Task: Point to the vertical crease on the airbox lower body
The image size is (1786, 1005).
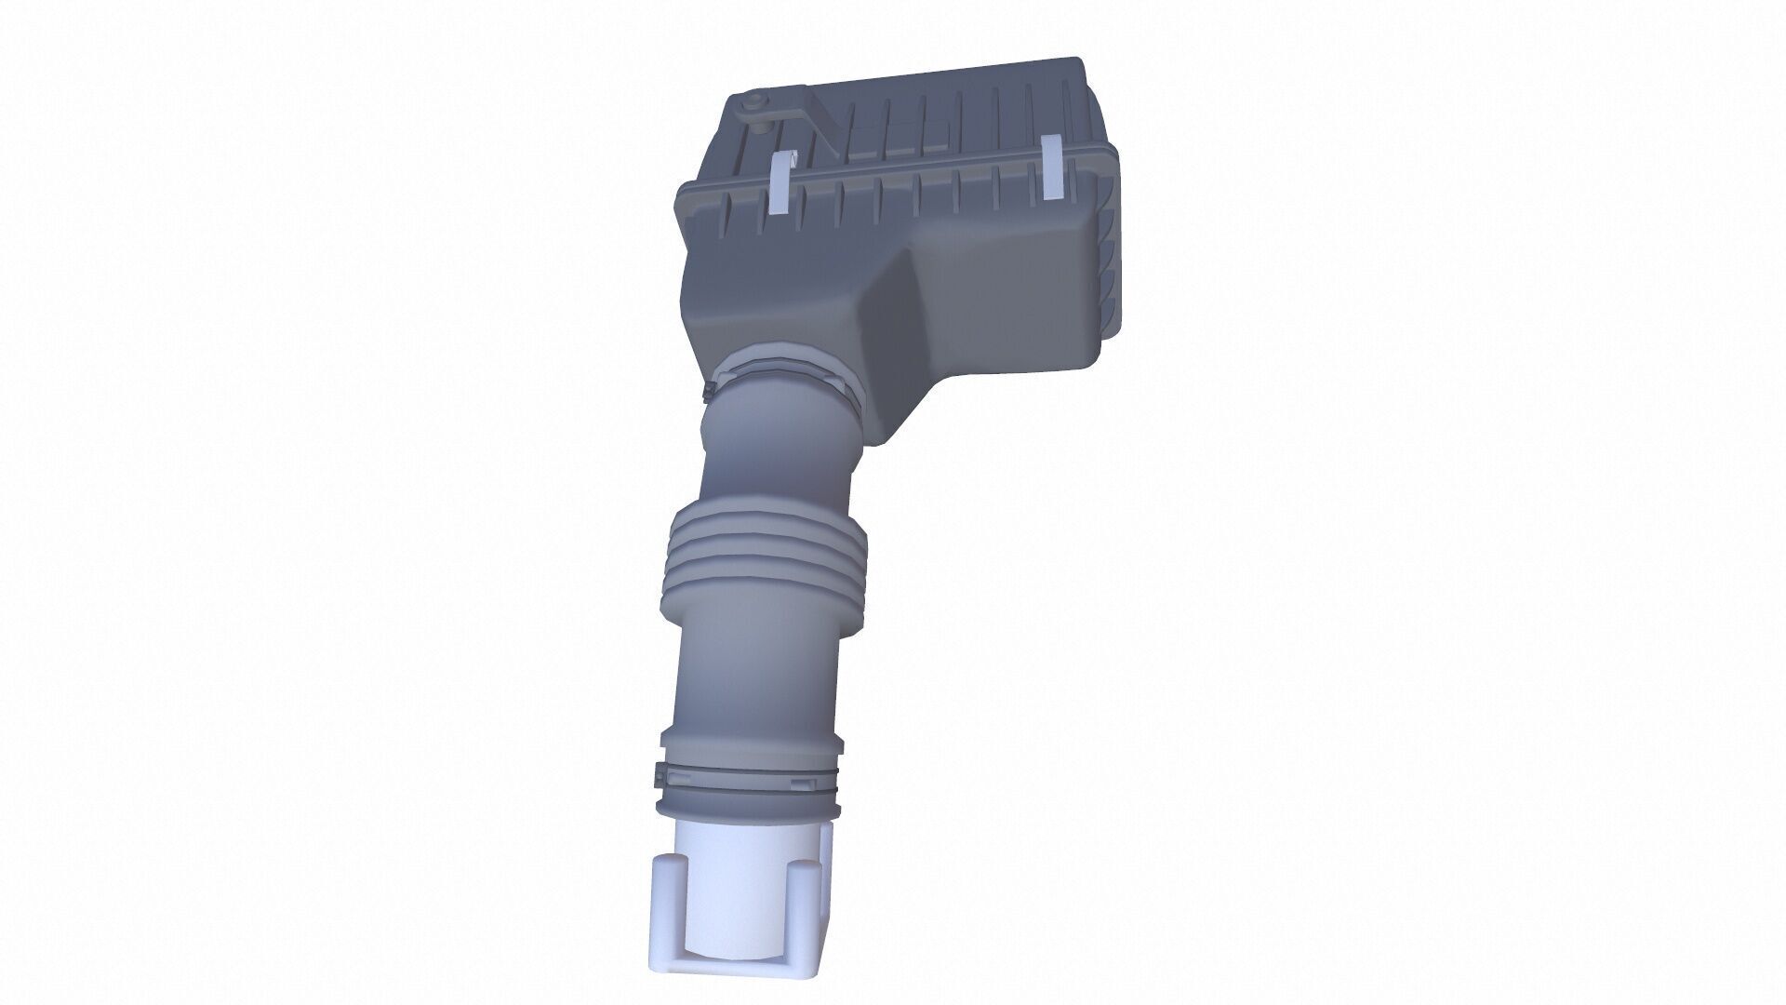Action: (x=898, y=307)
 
